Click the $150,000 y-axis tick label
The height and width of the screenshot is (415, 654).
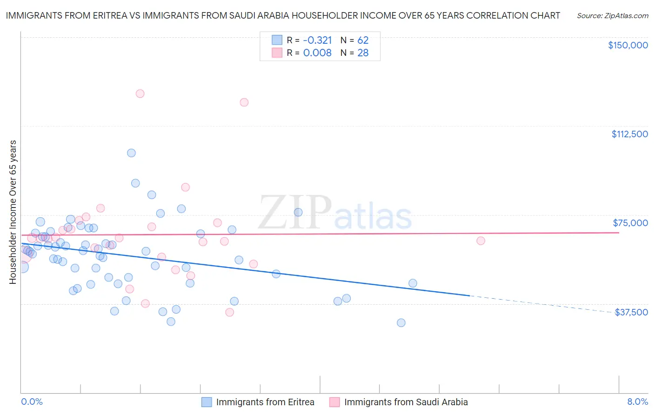pyautogui.click(x=627, y=45)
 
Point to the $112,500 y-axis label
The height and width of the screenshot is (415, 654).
pyautogui.click(x=629, y=134)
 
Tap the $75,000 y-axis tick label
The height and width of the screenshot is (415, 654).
pyautogui.click(x=630, y=223)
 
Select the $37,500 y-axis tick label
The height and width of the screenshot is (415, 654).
pyautogui.click(x=631, y=312)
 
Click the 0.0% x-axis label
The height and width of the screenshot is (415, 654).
pyautogui.click(x=32, y=402)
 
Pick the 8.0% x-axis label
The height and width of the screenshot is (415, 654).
pyautogui.click(x=637, y=402)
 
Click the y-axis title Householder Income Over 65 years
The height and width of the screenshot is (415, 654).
pyautogui.click(x=13, y=212)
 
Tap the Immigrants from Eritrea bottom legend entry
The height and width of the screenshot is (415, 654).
pyautogui.click(x=265, y=402)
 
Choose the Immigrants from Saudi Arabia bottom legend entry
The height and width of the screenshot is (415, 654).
pyautogui.click(x=406, y=402)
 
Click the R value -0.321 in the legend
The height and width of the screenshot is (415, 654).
pyautogui.click(x=317, y=40)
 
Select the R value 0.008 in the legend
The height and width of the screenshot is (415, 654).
pyautogui.click(x=317, y=53)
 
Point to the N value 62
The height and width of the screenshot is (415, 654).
pyautogui.click(x=363, y=40)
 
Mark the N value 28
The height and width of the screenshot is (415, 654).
pyautogui.click(x=363, y=53)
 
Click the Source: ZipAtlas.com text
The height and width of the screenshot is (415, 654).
pyautogui.click(x=612, y=16)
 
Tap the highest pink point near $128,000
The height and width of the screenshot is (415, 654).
pyautogui.click(x=140, y=94)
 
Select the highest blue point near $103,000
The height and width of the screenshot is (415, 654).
pyautogui.click(x=131, y=153)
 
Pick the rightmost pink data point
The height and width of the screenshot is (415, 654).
pyautogui.click(x=481, y=241)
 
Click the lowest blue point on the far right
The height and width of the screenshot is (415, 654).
pyautogui.click(x=401, y=323)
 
